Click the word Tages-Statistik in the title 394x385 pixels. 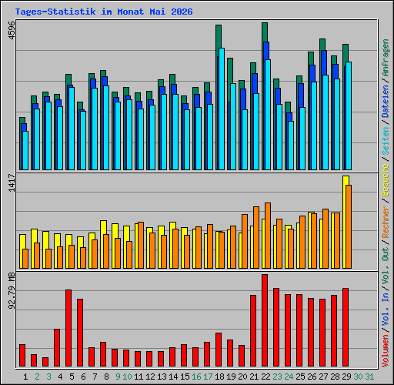[x=55, y=12]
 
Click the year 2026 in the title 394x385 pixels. [x=182, y=12]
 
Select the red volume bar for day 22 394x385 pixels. [x=265, y=320]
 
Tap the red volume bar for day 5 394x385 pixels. [x=68, y=328]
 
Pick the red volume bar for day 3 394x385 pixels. [x=45, y=362]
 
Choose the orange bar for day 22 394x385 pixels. [x=268, y=236]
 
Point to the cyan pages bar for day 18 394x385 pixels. [x=222, y=109]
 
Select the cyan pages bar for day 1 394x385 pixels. [x=25, y=150]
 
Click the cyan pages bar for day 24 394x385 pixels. [x=291, y=146]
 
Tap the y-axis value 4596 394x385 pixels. [x=12, y=31]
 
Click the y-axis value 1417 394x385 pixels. [x=12, y=182]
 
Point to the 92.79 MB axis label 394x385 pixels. [x=12, y=291]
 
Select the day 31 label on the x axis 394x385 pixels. [x=369, y=377]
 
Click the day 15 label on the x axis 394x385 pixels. [x=185, y=377]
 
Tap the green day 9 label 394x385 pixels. [x=118, y=377]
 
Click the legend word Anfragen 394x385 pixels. [x=386, y=58]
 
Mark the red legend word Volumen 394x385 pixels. [x=386, y=350]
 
